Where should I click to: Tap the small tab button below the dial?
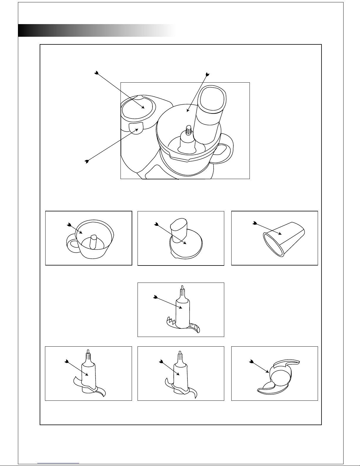pyautogui.click(x=136, y=128)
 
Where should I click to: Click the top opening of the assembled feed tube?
pyautogui.click(x=212, y=98)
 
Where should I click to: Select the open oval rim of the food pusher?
pyautogui.click(x=273, y=245)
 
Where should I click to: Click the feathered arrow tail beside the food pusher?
pyautogui.click(x=254, y=224)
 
